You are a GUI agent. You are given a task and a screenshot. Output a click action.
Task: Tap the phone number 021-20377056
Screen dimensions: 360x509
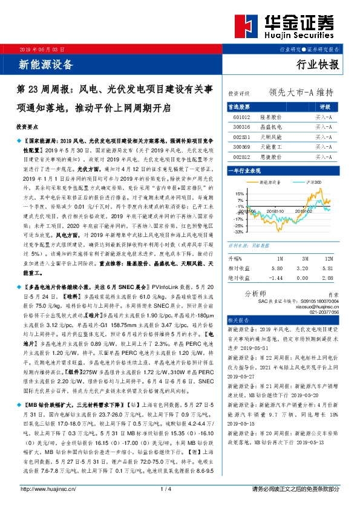point(322,313)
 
